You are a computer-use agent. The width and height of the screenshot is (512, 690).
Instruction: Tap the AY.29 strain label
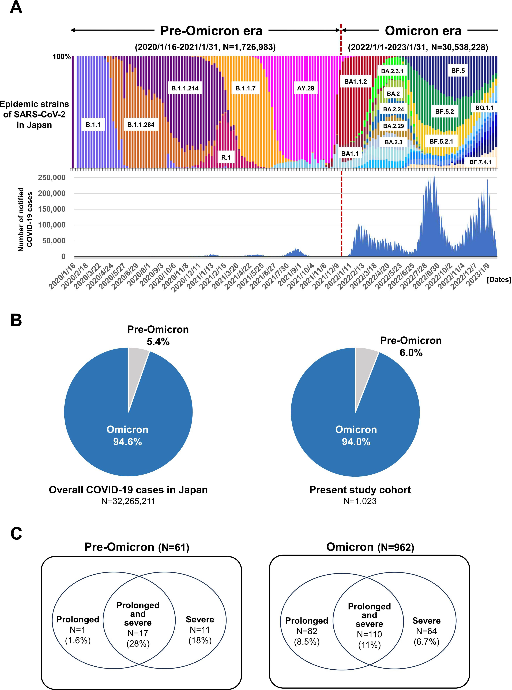click(305, 88)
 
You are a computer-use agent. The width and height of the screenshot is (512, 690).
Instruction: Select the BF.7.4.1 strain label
click(480, 162)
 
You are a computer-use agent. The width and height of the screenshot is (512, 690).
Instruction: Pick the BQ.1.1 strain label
click(484, 108)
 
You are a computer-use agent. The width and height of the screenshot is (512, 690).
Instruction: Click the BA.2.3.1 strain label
click(392, 71)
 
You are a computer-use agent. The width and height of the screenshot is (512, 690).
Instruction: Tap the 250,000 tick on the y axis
click(52, 177)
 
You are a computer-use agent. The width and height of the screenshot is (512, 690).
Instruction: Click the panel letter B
click(16, 320)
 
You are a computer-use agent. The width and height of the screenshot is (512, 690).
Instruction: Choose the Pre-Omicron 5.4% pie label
click(158, 335)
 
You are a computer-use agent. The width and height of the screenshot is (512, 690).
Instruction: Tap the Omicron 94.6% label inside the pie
click(127, 435)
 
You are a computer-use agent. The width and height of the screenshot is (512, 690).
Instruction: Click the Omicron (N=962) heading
click(370, 547)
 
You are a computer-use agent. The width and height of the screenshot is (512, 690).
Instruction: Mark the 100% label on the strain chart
click(62, 56)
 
